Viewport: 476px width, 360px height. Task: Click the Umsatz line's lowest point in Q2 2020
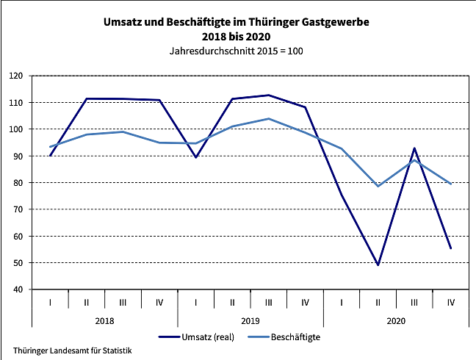point(378,264)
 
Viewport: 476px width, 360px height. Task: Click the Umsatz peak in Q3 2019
point(268,95)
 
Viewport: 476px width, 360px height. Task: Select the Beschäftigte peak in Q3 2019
point(268,118)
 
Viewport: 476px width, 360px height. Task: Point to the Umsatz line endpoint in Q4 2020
point(450,248)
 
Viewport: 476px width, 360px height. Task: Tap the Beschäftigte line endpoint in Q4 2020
point(450,184)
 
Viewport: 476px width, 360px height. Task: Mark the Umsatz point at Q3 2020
point(414,148)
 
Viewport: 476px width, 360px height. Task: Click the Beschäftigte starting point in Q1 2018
point(50,146)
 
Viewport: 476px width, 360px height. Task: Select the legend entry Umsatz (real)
point(208,336)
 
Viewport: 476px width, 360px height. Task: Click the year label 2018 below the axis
point(104,320)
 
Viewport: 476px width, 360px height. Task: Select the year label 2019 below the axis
point(250,320)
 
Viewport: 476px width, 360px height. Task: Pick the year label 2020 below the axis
point(395,320)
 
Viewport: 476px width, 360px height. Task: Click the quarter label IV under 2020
point(450,301)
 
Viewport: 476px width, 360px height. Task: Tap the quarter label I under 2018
point(50,301)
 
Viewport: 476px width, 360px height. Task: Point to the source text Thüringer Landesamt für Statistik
point(73,351)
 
